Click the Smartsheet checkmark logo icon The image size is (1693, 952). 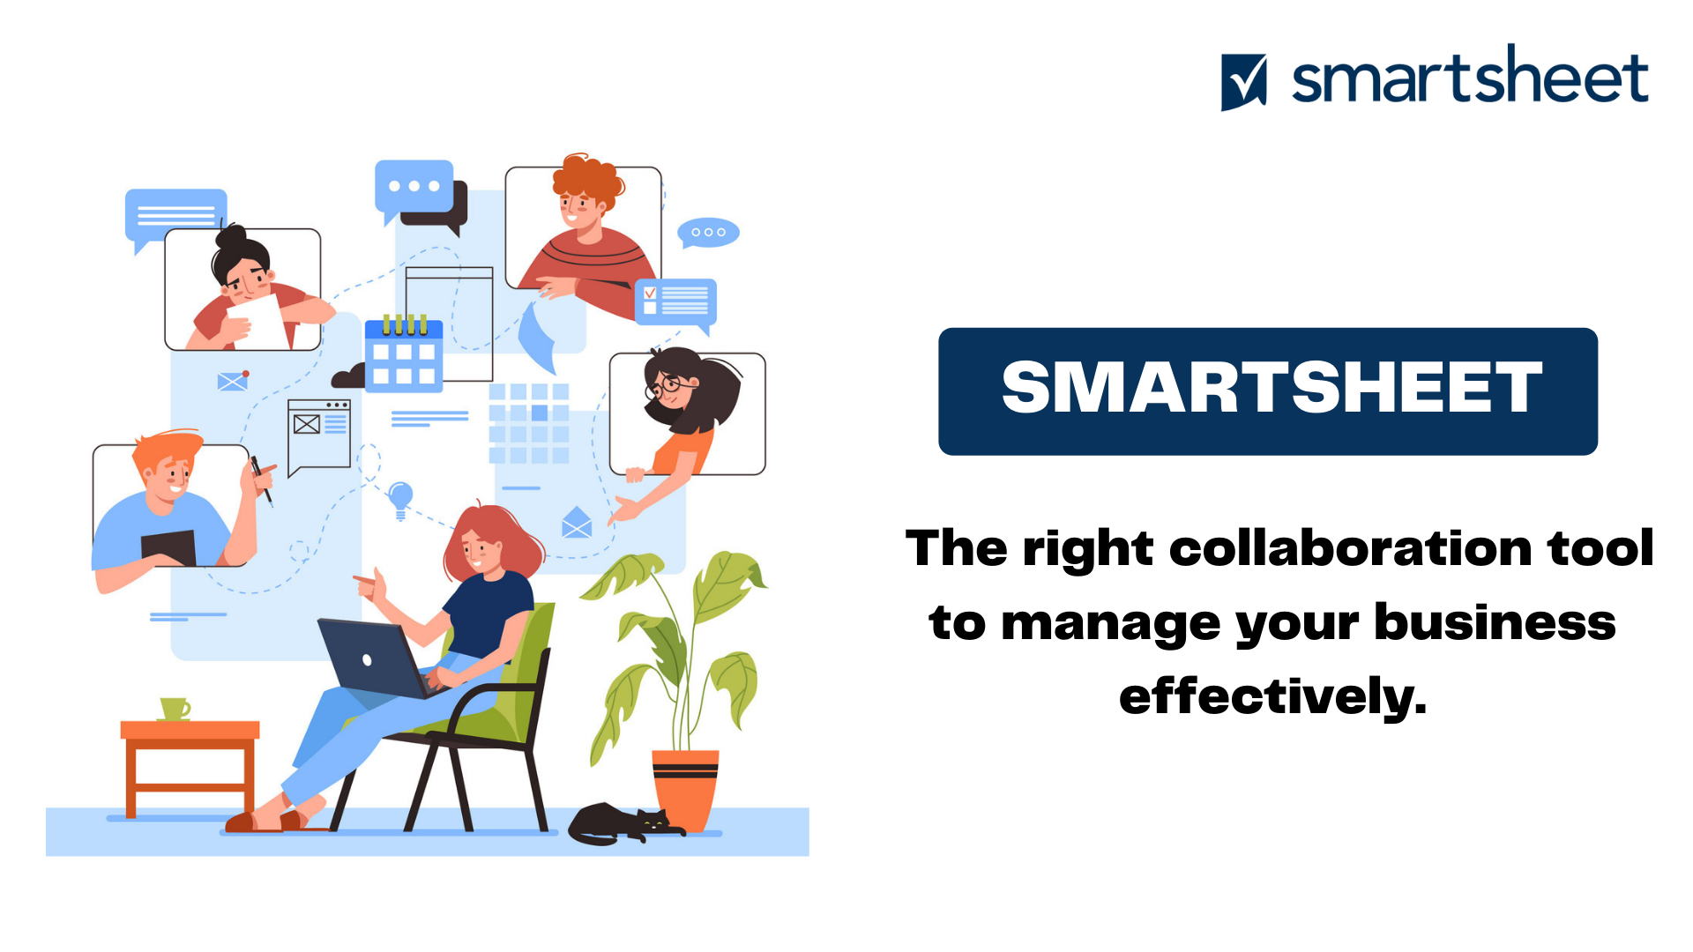coord(1243,82)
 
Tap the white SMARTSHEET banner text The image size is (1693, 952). coord(1271,388)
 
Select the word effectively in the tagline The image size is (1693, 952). coord(1272,696)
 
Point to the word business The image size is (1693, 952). coord(1495,622)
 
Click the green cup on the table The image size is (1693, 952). coord(175,709)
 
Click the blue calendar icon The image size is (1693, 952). coord(404,354)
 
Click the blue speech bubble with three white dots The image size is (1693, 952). coord(414,187)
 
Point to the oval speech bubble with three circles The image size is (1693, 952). coord(708,233)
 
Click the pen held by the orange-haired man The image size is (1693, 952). coord(262,480)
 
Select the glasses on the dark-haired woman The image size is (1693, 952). coord(668,384)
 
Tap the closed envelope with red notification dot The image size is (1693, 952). coord(233,381)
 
